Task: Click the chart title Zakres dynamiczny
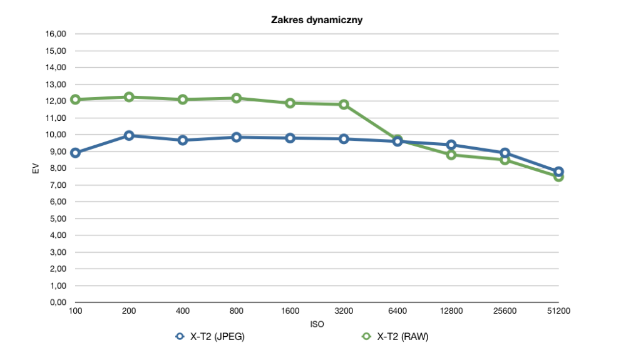pyautogui.click(x=317, y=20)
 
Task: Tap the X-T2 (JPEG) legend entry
pyautogui.click(x=210, y=336)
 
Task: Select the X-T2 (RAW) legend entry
pyautogui.click(x=395, y=336)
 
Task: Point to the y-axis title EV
pyautogui.click(x=36, y=168)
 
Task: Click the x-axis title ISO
pyautogui.click(x=317, y=324)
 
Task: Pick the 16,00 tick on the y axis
pyautogui.click(x=56, y=34)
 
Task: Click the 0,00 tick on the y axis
pyautogui.click(x=58, y=302)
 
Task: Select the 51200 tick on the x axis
pyautogui.click(x=558, y=311)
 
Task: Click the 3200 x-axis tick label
pyautogui.click(x=344, y=311)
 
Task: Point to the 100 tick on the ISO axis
pyautogui.click(x=75, y=311)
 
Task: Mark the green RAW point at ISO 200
pyautogui.click(x=129, y=97)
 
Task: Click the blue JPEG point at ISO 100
pyautogui.click(x=75, y=153)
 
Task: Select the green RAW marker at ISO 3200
pyautogui.click(x=344, y=105)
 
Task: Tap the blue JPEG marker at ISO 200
pyautogui.click(x=129, y=136)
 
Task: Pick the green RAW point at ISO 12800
pyautogui.click(x=451, y=155)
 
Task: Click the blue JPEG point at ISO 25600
pyautogui.click(x=505, y=153)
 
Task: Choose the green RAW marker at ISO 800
pyautogui.click(x=237, y=98)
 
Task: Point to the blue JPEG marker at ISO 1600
pyautogui.click(x=290, y=138)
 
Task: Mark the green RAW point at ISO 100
pyautogui.click(x=75, y=100)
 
